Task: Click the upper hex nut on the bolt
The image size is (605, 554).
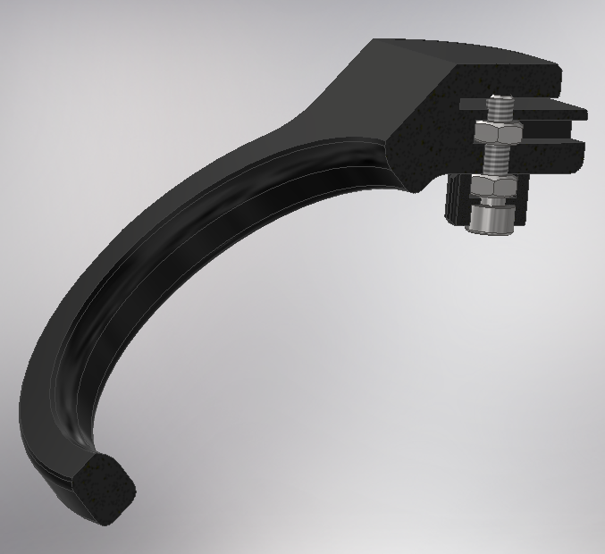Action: pos(489,134)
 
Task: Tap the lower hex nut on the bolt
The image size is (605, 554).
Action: pos(491,187)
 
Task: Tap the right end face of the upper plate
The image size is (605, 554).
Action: pos(581,114)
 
